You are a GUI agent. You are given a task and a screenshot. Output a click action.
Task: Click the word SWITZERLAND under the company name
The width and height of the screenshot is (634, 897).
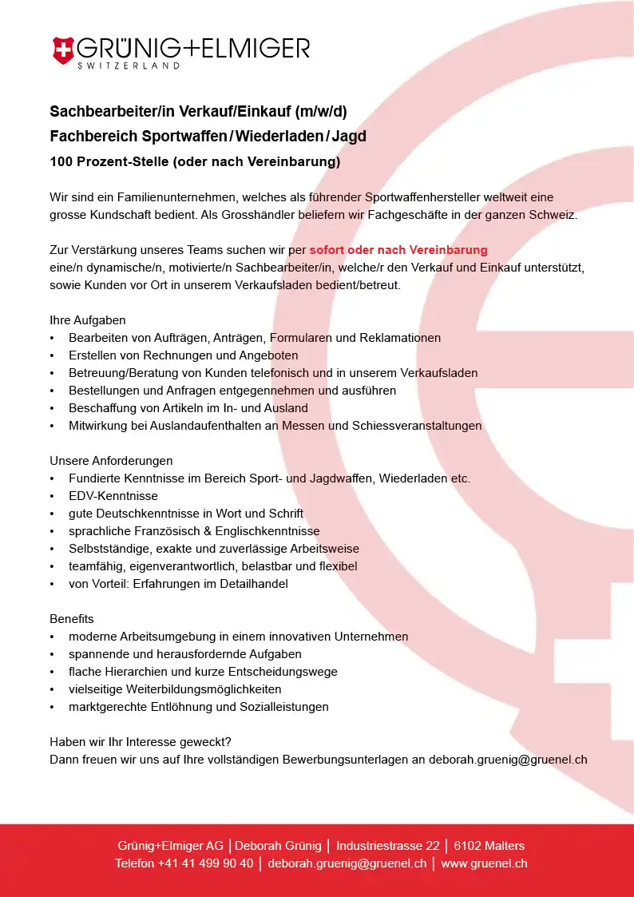(x=128, y=66)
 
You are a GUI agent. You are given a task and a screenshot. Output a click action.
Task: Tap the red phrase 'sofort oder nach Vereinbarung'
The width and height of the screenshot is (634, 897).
(x=398, y=250)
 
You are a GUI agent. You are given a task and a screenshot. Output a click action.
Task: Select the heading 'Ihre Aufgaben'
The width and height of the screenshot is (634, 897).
(x=88, y=320)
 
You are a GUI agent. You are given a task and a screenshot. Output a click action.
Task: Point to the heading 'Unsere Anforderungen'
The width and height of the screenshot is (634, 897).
(x=111, y=461)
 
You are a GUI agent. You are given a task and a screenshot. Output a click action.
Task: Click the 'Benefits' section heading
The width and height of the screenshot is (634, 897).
(x=72, y=619)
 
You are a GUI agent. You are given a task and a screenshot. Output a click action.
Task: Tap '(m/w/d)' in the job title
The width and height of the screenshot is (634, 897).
(x=321, y=111)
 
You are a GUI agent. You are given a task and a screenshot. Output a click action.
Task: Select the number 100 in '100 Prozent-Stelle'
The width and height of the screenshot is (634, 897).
(x=61, y=162)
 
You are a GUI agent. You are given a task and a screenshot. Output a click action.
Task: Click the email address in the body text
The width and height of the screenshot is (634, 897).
(x=508, y=760)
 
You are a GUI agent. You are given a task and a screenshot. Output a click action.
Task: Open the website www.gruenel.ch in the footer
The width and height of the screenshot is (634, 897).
(x=484, y=863)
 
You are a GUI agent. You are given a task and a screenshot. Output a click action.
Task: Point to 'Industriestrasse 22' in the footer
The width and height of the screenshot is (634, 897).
(x=387, y=846)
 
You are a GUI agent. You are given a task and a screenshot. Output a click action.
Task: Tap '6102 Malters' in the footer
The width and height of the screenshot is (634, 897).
(x=489, y=846)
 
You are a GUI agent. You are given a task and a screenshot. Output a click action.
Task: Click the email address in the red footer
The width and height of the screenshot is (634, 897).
(x=347, y=863)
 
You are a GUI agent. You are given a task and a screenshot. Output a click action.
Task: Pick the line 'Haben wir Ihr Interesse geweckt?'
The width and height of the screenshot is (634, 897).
(x=141, y=742)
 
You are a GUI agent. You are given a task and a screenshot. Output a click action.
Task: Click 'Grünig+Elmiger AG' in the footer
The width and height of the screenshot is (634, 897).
(x=170, y=846)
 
